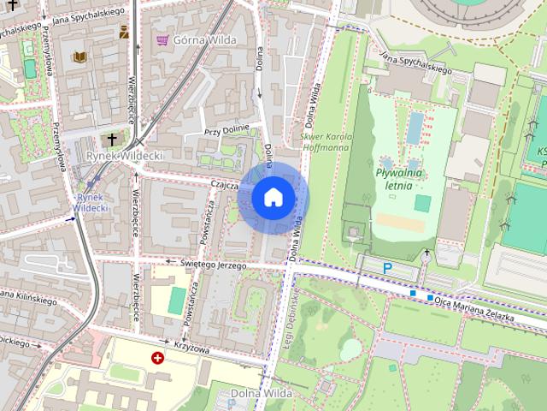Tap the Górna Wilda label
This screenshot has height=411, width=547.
click(x=204, y=39)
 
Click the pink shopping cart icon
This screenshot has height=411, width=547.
click(x=162, y=39)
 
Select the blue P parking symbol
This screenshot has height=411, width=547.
click(x=387, y=269)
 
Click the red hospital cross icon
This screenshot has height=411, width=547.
click(x=157, y=357)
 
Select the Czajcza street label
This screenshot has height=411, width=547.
click(x=220, y=185)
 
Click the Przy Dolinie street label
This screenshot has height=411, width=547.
click(x=224, y=131)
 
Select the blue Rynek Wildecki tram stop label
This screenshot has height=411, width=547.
click(x=89, y=202)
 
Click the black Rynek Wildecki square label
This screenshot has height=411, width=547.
click(x=125, y=156)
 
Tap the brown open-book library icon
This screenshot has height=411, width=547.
click(x=79, y=57)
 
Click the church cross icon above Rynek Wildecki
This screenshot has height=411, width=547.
click(x=111, y=139)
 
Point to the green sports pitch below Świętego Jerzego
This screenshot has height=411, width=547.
click(x=176, y=300)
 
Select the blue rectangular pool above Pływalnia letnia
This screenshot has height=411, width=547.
click(x=415, y=128)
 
